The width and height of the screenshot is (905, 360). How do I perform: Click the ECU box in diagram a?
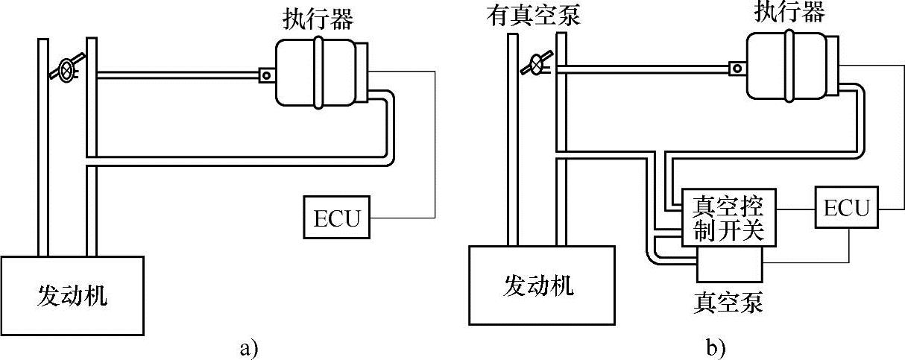[337, 217]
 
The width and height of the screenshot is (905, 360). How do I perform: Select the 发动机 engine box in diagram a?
[72, 296]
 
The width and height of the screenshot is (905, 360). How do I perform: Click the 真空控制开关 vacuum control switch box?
[729, 217]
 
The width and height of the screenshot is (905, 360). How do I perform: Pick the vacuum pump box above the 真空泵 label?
[728, 262]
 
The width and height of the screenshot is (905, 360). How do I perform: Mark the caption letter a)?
[248, 347]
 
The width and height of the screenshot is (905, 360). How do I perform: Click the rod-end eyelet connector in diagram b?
[738, 68]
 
